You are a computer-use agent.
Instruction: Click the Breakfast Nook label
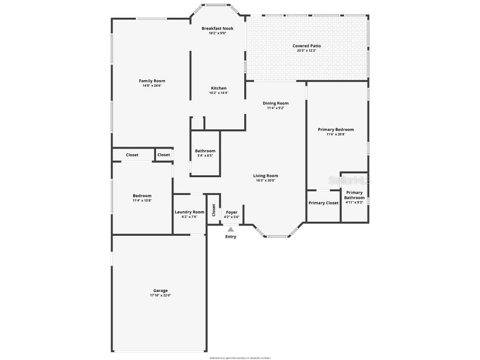pos(217,29)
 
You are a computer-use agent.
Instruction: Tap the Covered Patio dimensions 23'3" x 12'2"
pos(307,51)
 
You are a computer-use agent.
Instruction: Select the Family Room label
pos(152,81)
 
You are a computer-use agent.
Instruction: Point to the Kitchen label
pos(218,88)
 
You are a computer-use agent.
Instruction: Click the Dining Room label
pos(276,103)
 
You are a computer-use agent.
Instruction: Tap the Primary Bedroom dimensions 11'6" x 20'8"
pos(336,135)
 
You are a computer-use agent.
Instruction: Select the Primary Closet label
pos(323,203)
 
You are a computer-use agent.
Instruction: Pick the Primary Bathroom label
pos(354,195)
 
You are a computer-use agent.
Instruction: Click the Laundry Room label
pos(189,212)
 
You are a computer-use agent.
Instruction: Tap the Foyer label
pos(232,212)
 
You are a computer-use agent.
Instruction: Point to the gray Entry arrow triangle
pos(231,229)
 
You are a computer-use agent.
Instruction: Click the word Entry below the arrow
pos(231,237)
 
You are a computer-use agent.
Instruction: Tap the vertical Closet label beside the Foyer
pos(214,210)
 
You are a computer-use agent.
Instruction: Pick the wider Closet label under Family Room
pos(132,155)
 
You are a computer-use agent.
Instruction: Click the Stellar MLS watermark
pos(350,180)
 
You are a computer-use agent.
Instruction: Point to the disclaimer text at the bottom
pos(240,358)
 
